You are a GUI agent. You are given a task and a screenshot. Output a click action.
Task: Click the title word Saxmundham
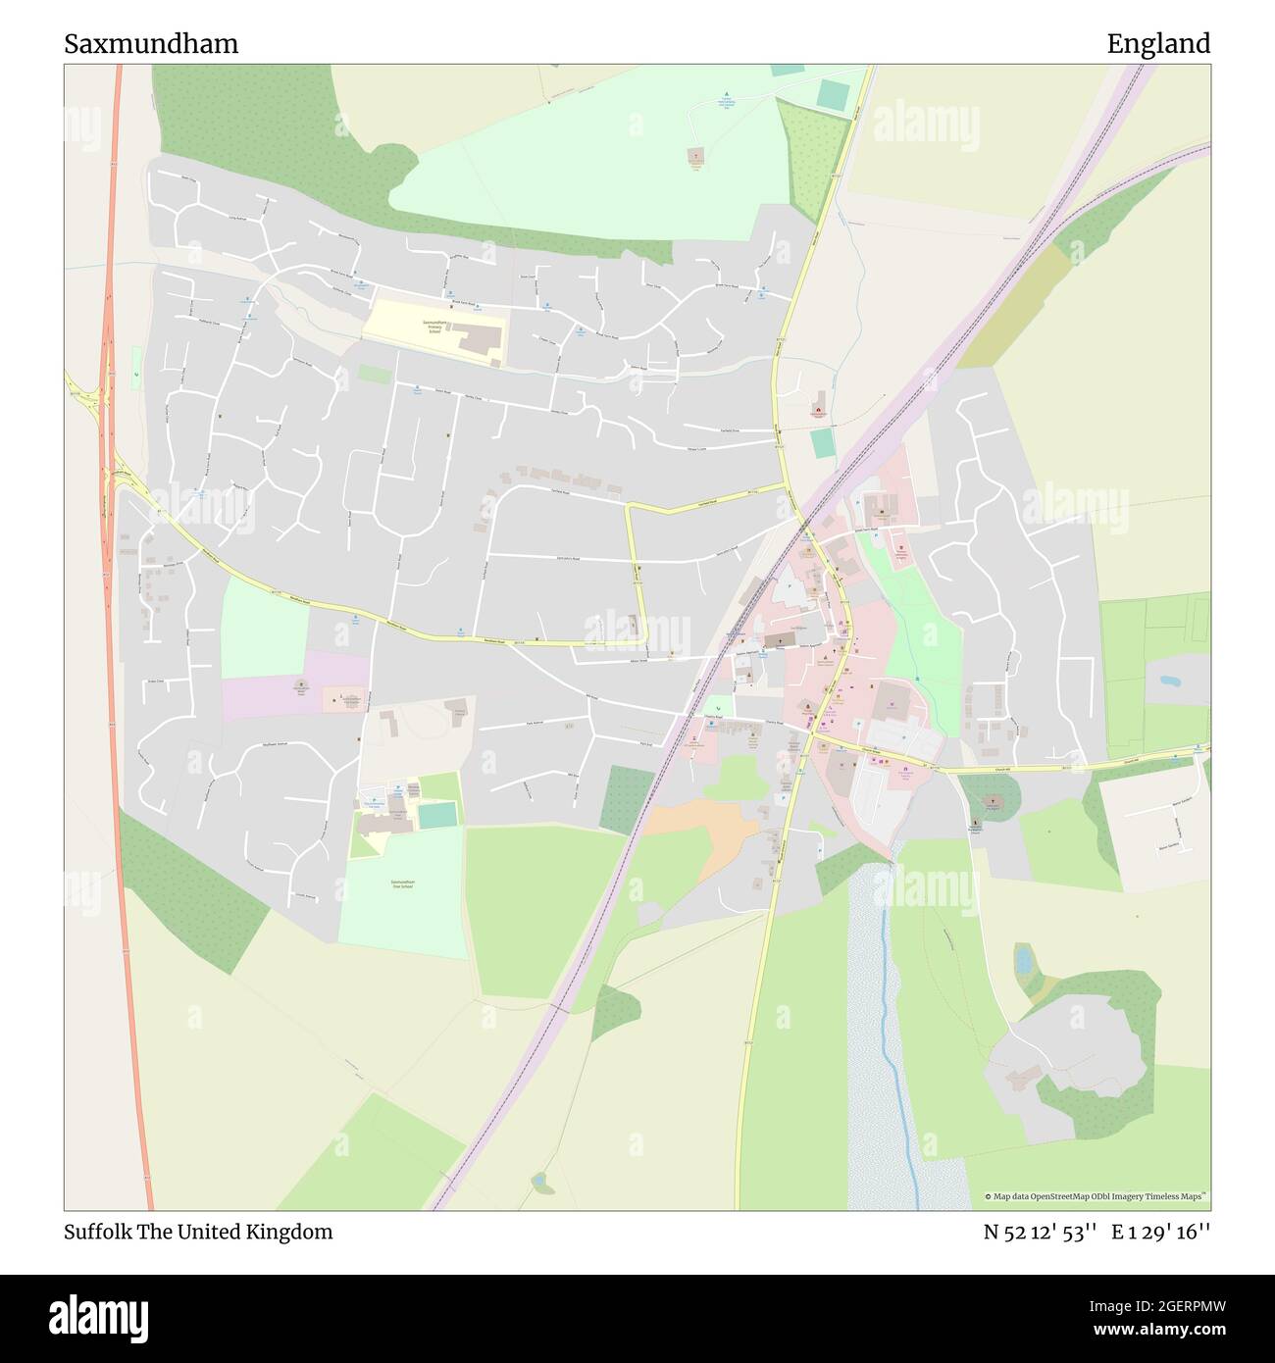click(x=151, y=44)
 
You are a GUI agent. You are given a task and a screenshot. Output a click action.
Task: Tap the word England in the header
click(x=1157, y=44)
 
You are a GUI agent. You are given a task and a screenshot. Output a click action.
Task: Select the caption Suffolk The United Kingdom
click(x=198, y=1232)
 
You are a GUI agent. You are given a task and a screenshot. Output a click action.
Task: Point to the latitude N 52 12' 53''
click(x=1040, y=1233)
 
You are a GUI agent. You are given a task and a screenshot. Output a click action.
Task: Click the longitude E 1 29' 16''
click(x=1160, y=1233)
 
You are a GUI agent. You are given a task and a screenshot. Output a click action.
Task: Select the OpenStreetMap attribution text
click(x=1096, y=1196)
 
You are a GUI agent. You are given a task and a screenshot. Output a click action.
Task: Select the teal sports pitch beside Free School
click(x=437, y=814)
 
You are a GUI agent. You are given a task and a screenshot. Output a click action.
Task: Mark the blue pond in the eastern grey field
click(x=1170, y=680)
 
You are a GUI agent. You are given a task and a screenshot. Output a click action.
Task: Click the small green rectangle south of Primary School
click(x=374, y=374)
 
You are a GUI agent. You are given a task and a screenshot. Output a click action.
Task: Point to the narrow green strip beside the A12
click(x=135, y=363)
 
